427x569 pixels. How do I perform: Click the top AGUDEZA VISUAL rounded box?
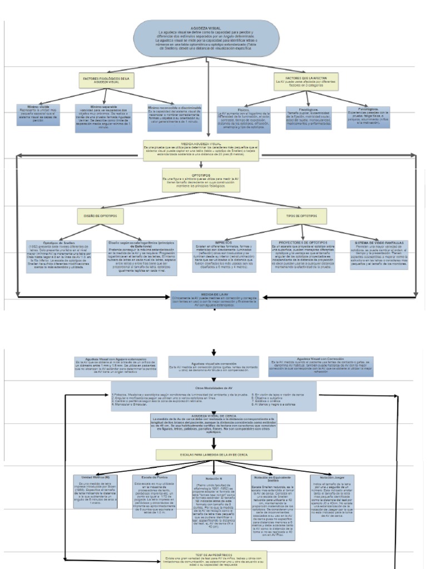point(206,38)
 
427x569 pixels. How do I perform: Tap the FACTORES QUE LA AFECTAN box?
point(305,81)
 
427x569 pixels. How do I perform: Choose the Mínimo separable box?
point(104,118)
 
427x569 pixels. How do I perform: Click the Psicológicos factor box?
point(368,117)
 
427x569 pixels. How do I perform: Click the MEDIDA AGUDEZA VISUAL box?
point(201,150)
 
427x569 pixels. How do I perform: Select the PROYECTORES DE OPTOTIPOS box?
point(302,256)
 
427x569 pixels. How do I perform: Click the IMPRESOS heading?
point(224,242)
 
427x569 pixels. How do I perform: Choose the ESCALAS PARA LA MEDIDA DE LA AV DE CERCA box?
point(213,455)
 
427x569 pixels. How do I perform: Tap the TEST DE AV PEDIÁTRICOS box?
point(213,559)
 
